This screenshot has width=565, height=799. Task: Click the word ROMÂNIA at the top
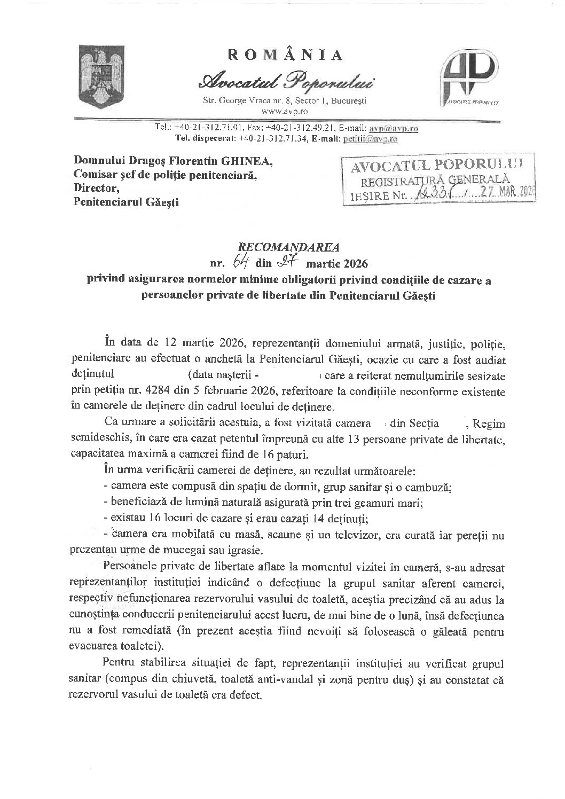click(286, 55)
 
